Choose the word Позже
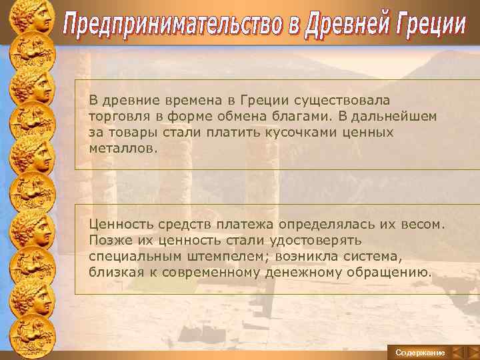point(108,240)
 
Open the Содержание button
point(420,351)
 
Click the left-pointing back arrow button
point(457,351)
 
